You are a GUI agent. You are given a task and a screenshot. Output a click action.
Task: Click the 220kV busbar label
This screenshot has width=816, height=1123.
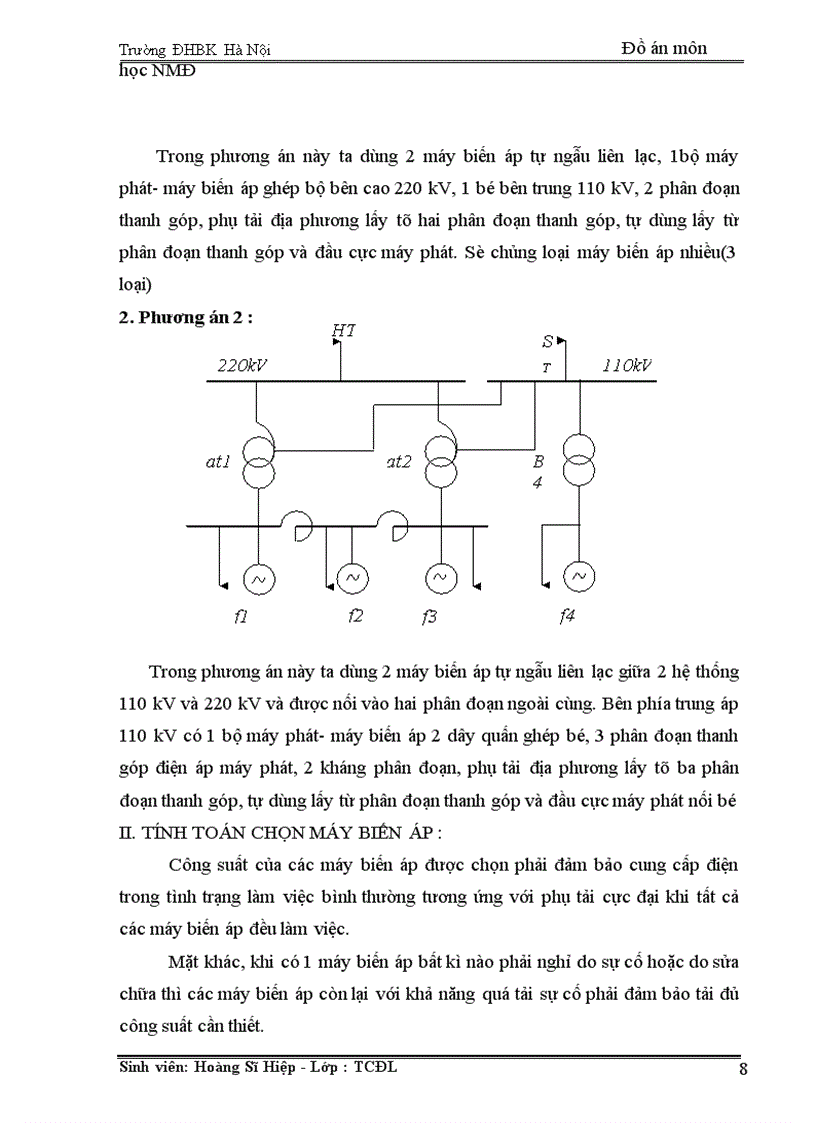coord(242,366)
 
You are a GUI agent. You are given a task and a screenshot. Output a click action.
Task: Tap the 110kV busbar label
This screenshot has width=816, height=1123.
coord(627,366)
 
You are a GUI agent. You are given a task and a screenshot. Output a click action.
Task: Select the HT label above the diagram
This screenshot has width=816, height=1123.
coord(342,329)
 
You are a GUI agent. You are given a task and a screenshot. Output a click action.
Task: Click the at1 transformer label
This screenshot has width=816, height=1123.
coord(217,461)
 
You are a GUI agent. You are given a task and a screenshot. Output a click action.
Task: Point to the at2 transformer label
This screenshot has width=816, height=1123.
coord(399,461)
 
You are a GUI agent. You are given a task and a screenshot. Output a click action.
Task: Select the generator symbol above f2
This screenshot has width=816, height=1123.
coord(352,577)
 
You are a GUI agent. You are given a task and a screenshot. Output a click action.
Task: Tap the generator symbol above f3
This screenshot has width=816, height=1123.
coord(439,577)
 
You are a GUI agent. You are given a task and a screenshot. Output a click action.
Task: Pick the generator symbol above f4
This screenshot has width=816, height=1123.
coord(576,577)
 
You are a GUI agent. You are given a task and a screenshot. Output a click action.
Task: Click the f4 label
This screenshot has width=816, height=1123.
coord(567,616)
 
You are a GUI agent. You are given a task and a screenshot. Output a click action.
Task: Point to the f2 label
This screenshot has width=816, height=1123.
coord(355,616)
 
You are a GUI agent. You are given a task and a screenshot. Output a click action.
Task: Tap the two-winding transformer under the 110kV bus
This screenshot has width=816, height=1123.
coord(576,455)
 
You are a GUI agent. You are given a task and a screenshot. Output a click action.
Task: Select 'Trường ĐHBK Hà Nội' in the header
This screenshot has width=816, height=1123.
coord(195,49)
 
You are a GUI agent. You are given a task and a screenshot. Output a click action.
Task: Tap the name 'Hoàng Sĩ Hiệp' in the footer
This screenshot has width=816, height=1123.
coord(248,1067)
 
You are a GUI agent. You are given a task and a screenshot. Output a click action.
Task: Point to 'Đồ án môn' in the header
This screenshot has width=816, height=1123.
coord(664,48)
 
